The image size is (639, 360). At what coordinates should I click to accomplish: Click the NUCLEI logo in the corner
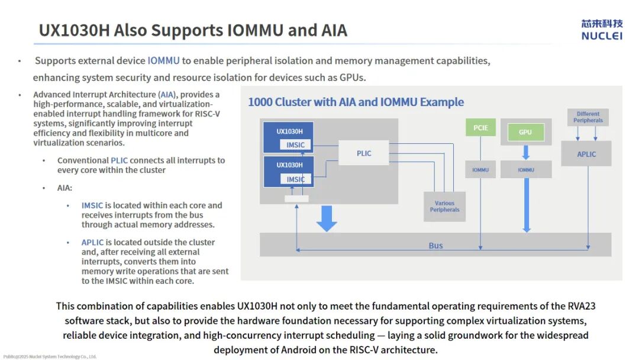602,29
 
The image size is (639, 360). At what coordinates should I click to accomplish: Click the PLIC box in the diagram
364,153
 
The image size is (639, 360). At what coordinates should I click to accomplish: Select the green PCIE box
480,128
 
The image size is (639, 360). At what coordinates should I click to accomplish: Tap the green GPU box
525,132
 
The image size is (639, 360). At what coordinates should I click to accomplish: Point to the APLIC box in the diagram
586,154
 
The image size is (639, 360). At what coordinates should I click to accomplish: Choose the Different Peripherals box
588,117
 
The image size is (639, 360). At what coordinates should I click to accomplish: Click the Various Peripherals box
445,206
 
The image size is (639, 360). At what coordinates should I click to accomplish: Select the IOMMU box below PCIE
480,170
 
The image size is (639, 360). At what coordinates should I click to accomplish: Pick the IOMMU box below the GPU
526,170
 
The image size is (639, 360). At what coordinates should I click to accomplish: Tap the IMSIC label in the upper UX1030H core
296,145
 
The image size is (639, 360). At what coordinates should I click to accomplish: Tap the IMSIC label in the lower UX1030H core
296,179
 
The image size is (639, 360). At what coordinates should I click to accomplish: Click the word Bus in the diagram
435,246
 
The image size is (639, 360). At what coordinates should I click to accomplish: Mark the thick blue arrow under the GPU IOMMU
526,204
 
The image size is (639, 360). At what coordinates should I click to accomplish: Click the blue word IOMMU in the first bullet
163,60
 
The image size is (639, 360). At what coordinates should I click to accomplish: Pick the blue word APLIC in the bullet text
92,242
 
